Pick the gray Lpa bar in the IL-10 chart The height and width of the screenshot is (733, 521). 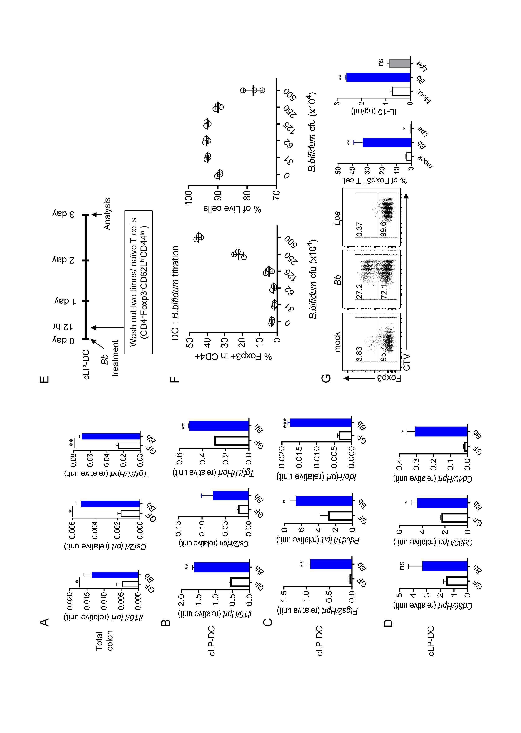point(399,63)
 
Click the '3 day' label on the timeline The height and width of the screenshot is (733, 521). point(64,214)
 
